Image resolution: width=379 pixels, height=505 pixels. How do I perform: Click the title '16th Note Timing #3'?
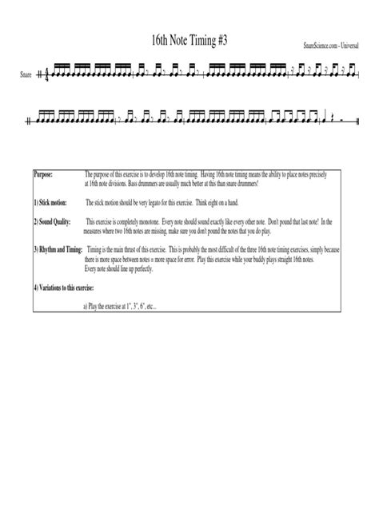pyautogui.click(x=189, y=39)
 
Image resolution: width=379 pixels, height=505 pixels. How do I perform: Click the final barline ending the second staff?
pyautogui.click(x=355, y=120)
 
